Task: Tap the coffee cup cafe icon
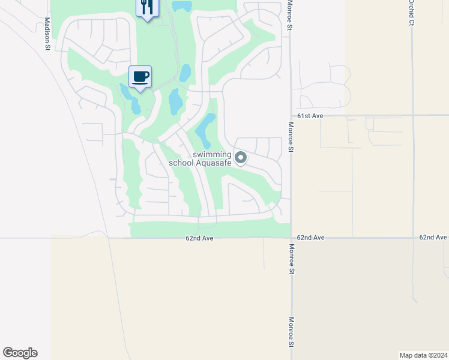pos(140,77)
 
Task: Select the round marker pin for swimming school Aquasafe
pos(241,158)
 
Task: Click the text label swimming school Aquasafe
pos(212,158)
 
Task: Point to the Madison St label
pos(47,32)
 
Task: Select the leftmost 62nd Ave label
pos(199,238)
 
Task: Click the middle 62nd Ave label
pos(310,238)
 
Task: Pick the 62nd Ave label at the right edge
pos(433,238)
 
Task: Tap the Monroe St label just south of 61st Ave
pos(291,138)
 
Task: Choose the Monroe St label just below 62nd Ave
pos(291,259)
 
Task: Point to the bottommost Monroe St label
pos(291,332)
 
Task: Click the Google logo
pos(20,353)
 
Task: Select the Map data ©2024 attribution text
pos(423,355)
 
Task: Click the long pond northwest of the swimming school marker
pos(205,130)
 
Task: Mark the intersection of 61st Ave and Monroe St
pos(291,115)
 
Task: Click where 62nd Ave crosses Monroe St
pos(291,238)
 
